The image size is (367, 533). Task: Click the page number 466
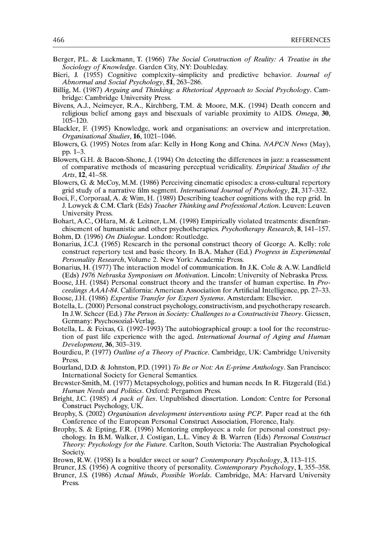[58, 40]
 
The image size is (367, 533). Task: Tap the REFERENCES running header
[310, 40]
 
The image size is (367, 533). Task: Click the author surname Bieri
[61, 75]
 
